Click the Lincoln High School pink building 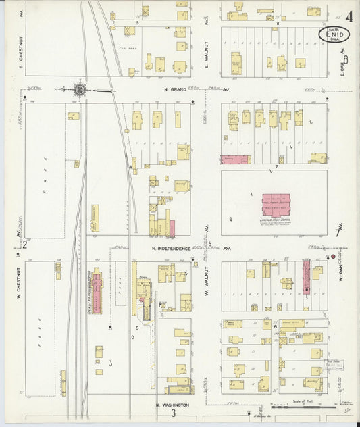[x=276, y=204]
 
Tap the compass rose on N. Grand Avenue [x=80, y=89]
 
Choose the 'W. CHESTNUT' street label [x=20, y=284]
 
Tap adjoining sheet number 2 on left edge [x=24, y=244]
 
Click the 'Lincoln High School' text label [x=275, y=220]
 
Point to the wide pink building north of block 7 [x=235, y=159]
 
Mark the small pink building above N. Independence [x=172, y=228]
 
